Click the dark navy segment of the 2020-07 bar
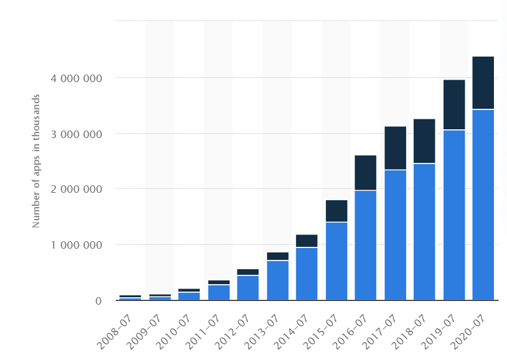click(x=483, y=83)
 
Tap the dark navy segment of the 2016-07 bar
click(x=365, y=172)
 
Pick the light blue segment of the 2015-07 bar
click(x=336, y=261)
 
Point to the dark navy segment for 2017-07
click(x=395, y=148)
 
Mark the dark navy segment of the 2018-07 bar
click(x=424, y=141)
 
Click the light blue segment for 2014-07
click(x=307, y=274)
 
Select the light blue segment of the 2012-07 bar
click(x=248, y=288)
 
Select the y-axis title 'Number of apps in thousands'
click(x=37, y=160)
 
